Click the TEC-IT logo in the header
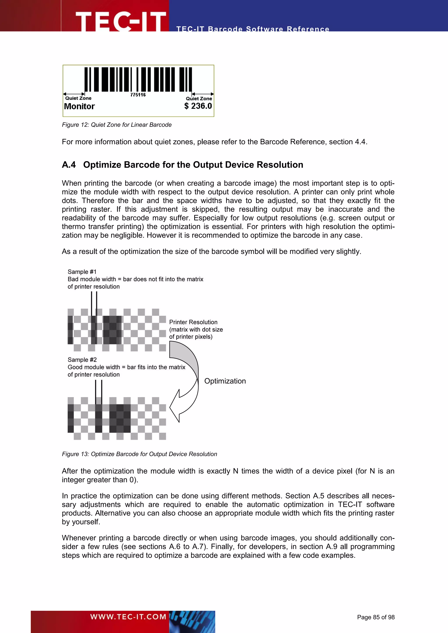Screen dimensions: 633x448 (x=121, y=21)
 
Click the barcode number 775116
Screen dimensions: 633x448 (x=138, y=95)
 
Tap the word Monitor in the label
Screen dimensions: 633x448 (x=79, y=106)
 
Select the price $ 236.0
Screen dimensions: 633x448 (x=198, y=106)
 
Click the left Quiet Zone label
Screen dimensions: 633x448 (x=78, y=98)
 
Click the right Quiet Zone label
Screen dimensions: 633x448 (x=199, y=98)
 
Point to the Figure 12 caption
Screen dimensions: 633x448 (x=117, y=125)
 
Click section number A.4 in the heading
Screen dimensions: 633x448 (x=69, y=165)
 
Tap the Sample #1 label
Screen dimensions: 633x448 (x=82, y=272)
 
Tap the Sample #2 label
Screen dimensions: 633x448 (x=82, y=360)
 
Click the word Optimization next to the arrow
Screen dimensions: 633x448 (x=225, y=381)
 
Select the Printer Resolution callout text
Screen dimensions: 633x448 (x=196, y=329)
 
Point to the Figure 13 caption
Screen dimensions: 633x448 (x=139, y=454)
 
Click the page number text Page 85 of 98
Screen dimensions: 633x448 (x=376, y=617)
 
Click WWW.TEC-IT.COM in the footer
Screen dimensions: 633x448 (x=128, y=617)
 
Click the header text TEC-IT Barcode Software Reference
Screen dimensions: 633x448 (x=253, y=29)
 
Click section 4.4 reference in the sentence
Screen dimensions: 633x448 (x=360, y=142)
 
